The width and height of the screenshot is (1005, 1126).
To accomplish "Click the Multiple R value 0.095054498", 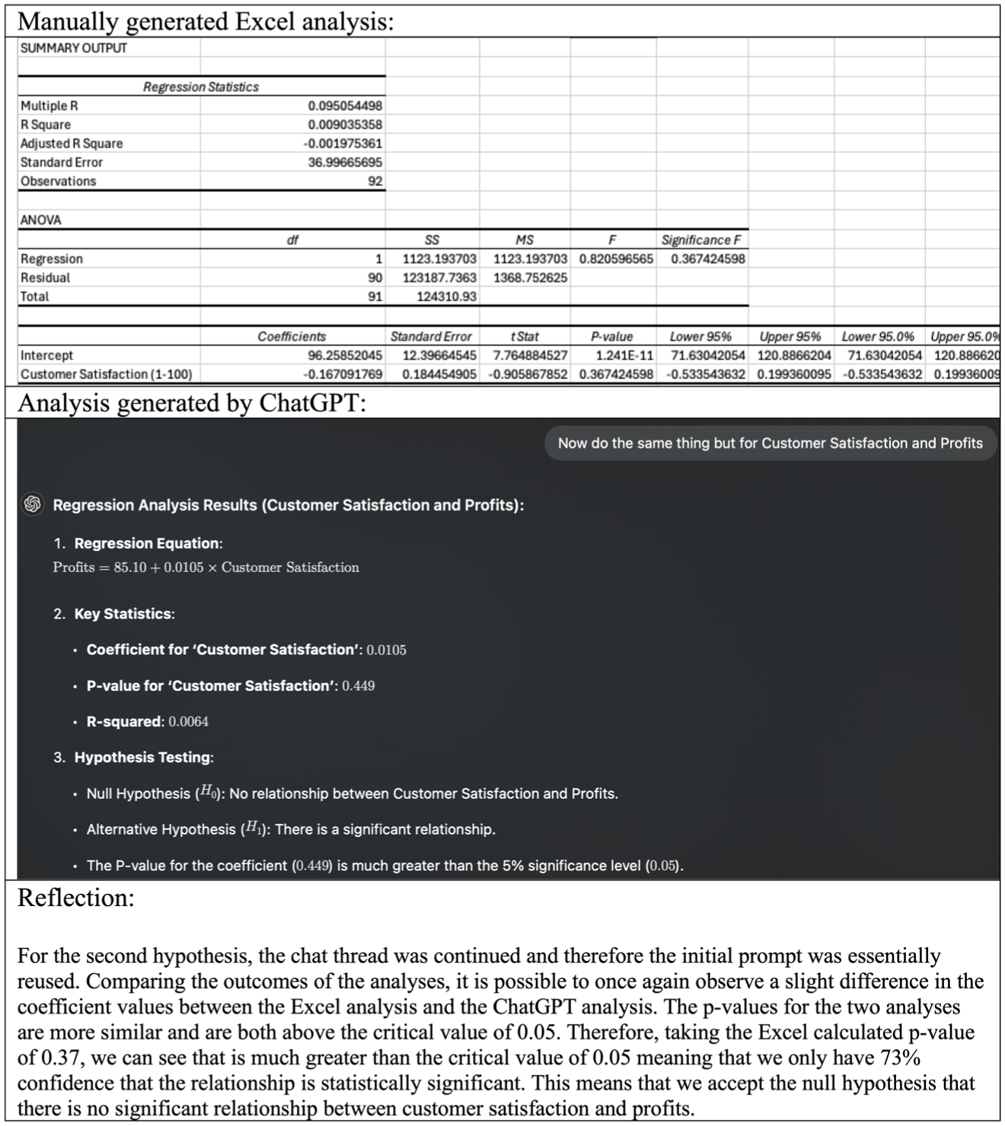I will pyautogui.click(x=345, y=106).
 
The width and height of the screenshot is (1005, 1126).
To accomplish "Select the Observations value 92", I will pyautogui.click(x=375, y=181).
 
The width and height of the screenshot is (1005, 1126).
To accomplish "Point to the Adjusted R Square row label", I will pyautogui.click(x=72, y=144).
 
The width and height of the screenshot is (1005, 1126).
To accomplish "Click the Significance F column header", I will pyautogui.click(x=700, y=240).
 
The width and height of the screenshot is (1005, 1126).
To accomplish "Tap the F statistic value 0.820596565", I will pyautogui.click(x=616, y=259).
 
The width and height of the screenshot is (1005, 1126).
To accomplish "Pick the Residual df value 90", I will pyautogui.click(x=375, y=278).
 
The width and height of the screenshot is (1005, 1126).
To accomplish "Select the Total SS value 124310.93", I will pyautogui.click(x=446, y=297).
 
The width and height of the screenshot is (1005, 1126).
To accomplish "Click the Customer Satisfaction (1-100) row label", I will pyautogui.click(x=106, y=374).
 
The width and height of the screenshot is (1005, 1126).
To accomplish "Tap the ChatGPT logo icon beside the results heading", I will pyautogui.click(x=33, y=504).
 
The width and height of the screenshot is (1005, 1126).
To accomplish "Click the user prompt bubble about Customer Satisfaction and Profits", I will pyautogui.click(x=770, y=444).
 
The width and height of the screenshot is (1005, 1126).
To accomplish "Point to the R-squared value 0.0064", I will pyautogui.click(x=188, y=721).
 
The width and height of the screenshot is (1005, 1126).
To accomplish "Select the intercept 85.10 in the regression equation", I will pyautogui.click(x=130, y=568).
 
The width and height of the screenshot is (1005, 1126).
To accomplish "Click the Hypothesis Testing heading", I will pyautogui.click(x=143, y=757).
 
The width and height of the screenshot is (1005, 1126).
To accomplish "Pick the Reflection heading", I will pyautogui.click(x=75, y=898).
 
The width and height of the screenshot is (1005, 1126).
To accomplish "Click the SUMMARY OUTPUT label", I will pyautogui.click(x=73, y=48).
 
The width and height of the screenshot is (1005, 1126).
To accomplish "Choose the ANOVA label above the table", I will pyautogui.click(x=41, y=220).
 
